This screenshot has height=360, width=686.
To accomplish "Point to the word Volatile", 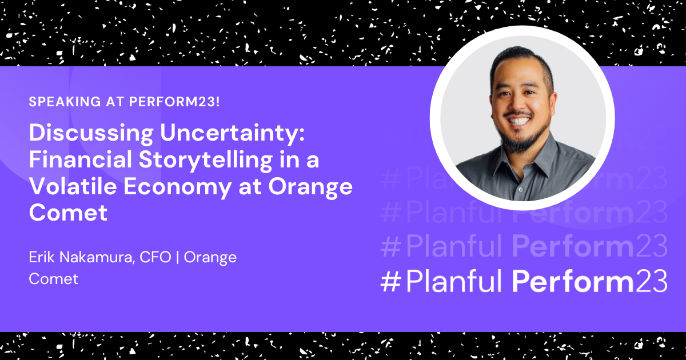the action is [x=73, y=186].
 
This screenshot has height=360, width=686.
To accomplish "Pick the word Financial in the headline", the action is [x=81, y=159].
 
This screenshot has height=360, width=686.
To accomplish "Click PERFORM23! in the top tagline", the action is [x=174, y=102].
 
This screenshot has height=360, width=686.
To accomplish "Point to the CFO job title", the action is [x=155, y=257].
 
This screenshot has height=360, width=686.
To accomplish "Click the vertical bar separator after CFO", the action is [x=178, y=258].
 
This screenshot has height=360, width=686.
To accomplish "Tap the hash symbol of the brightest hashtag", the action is [x=391, y=282].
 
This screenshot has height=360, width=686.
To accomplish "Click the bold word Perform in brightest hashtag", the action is [x=573, y=281].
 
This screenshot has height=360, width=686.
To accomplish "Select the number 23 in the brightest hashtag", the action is [x=651, y=282].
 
